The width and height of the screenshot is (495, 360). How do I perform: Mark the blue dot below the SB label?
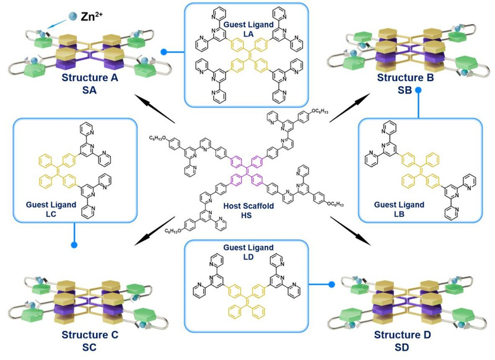coord(418,90)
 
